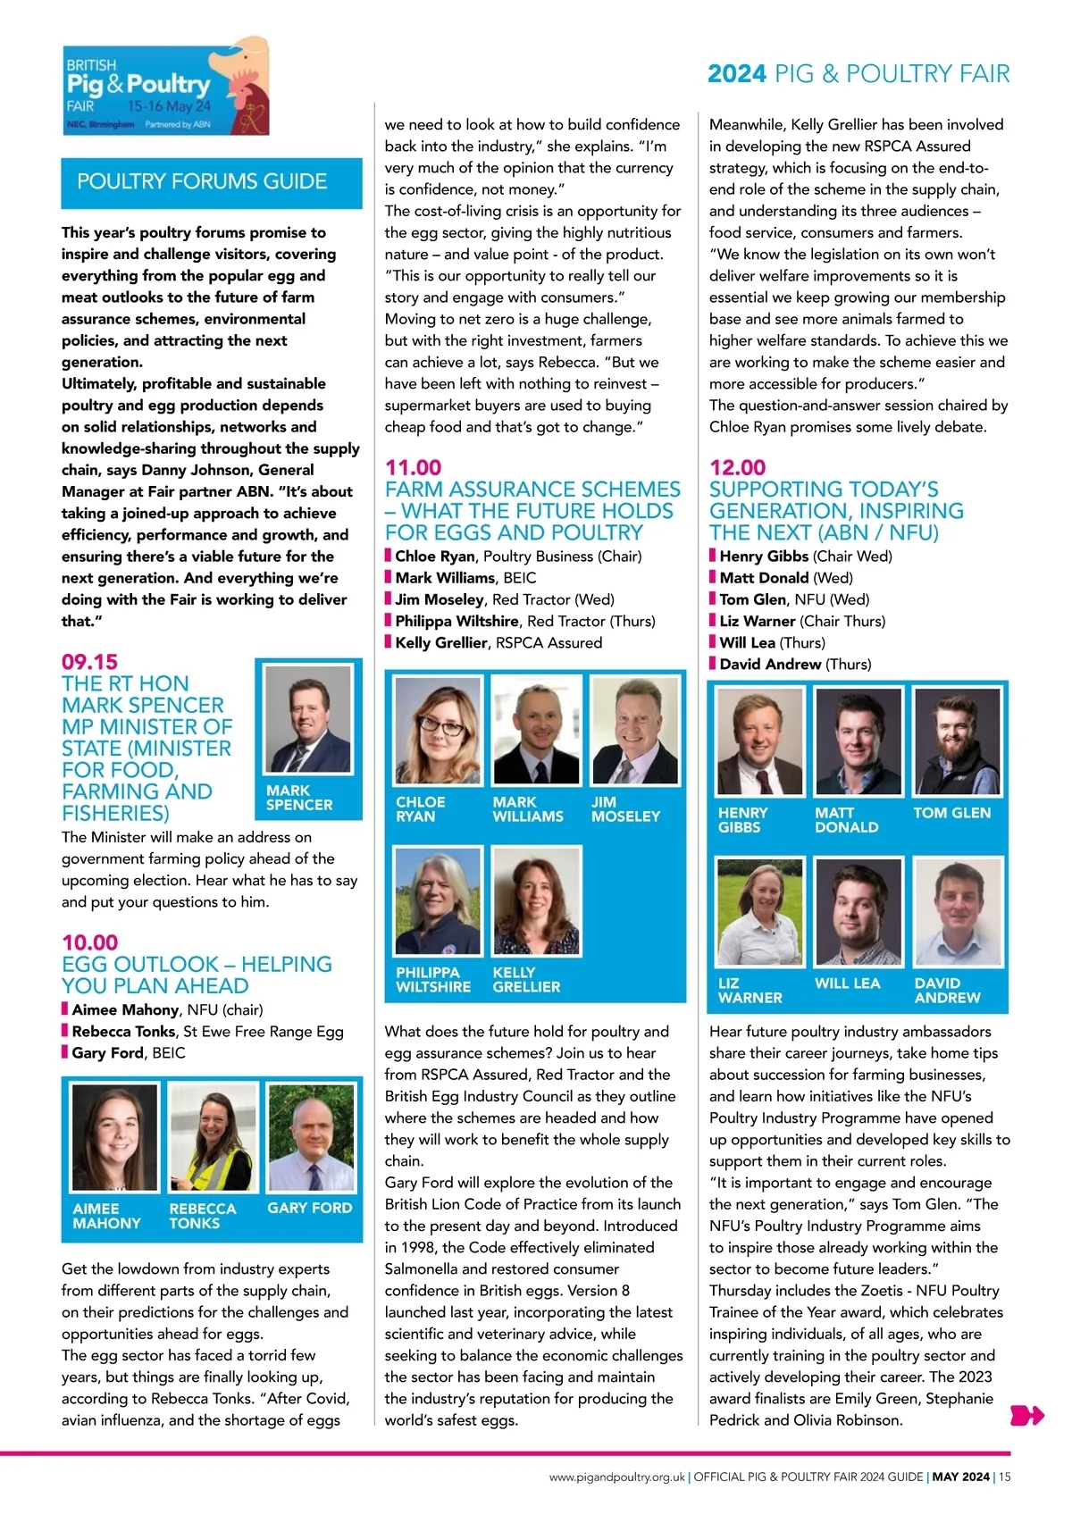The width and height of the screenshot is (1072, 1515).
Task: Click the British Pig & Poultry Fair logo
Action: coord(166,87)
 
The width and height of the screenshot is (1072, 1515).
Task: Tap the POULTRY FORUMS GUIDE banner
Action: coord(211,182)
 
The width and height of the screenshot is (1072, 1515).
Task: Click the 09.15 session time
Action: coord(89,662)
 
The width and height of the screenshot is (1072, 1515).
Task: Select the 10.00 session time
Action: coord(89,942)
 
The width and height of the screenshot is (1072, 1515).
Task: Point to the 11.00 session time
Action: coord(413,467)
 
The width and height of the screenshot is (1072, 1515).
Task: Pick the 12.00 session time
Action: coord(737,467)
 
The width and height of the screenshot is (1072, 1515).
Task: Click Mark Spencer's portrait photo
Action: coord(308,720)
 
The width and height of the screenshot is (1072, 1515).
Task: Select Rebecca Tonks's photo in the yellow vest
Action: coord(212,1138)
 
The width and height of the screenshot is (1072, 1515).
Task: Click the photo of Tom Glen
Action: coord(957,741)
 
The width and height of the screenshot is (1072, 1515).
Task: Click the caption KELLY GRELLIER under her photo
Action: coord(526,980)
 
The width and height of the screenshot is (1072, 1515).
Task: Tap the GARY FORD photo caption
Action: coord(310,1208)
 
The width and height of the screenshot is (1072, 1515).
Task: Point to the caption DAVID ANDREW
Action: coord(947,990)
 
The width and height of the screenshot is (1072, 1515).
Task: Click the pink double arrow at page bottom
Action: coord(1026,1415)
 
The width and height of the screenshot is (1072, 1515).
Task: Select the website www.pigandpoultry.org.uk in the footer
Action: coord(617,1477)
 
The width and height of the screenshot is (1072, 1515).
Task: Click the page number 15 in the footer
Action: coord(1005,1477)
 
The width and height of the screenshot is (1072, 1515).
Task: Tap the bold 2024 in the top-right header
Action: coord(737,74)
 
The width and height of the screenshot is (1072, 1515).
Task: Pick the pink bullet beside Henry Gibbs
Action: coord(713,556)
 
